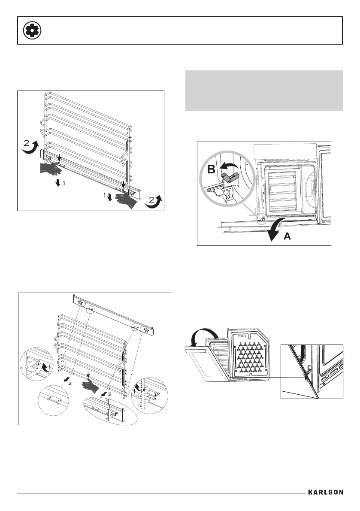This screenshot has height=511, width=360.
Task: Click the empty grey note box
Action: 264,90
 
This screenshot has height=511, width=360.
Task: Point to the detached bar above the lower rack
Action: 114,314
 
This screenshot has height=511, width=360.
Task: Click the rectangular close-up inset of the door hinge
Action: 312,371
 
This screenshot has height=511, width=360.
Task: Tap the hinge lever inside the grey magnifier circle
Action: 230,180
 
